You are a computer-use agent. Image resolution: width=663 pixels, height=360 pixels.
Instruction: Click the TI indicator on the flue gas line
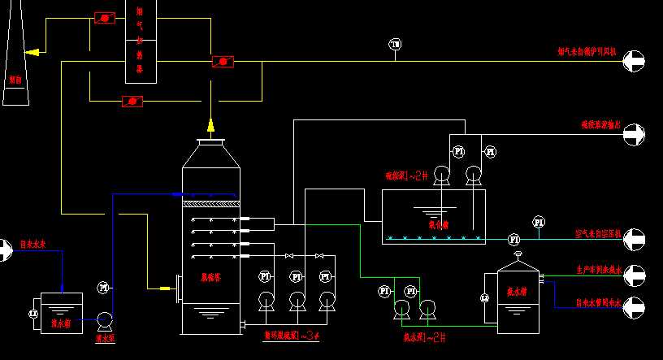(395, 44)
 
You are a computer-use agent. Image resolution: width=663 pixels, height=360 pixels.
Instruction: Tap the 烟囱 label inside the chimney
(14, 80)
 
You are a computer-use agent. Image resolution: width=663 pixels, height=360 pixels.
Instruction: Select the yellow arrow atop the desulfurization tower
(210, 124)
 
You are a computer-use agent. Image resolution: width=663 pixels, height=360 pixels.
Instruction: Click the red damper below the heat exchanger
(132, 101)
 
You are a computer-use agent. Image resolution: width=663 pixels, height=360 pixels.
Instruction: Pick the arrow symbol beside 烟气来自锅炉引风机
(633, 60)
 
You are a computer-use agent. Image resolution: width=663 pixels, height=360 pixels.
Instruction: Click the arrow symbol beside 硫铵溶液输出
(633, 134)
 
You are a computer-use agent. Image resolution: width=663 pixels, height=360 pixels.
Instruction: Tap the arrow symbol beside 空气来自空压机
(633, 240)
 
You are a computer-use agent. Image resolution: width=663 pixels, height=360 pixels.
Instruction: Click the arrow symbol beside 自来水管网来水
(633, 306)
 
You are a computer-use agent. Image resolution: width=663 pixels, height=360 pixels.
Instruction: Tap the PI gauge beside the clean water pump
(103, 287)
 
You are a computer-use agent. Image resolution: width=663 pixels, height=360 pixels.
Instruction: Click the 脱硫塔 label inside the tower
(211, 277)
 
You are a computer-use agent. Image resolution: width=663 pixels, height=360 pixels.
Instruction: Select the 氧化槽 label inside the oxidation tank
(439, 224)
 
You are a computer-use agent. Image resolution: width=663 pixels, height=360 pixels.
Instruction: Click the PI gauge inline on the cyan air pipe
(513, 239)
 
